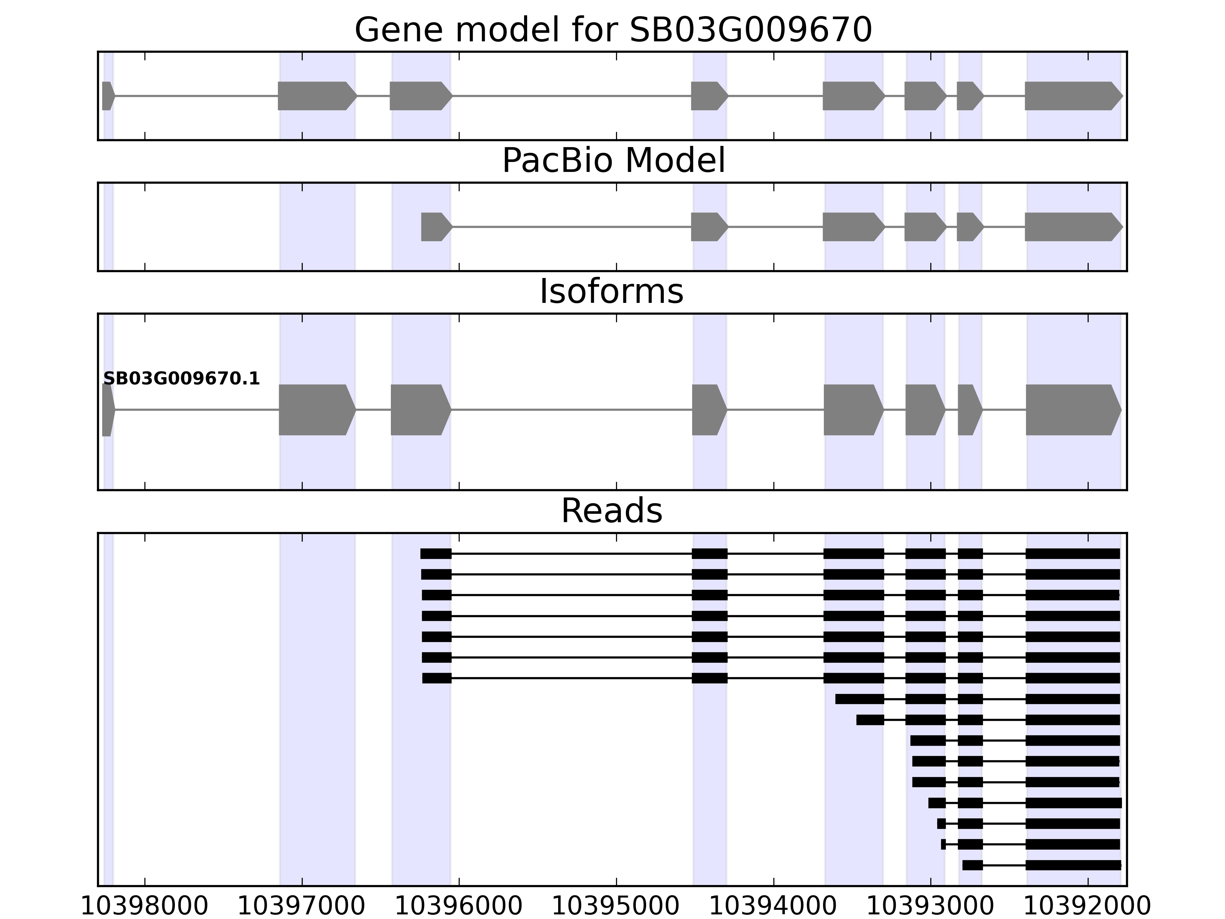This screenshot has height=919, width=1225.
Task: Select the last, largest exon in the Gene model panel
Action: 1071,96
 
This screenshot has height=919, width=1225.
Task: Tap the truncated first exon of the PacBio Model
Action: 435,227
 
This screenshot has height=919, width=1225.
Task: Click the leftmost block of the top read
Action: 436,553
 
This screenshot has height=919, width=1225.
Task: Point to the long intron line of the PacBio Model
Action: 570,227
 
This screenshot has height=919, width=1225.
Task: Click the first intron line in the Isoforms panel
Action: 197,410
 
